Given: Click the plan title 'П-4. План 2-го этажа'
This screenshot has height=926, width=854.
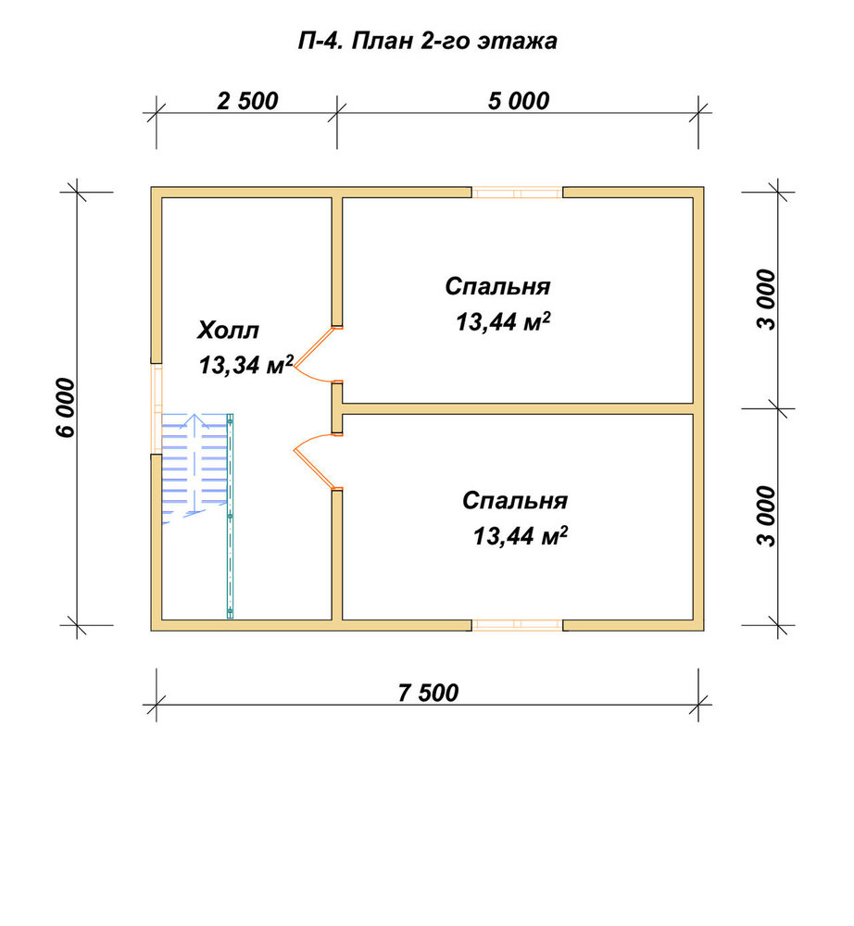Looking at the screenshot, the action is (427, 42).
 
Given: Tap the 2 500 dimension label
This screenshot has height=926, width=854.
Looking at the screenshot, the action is (247, 101).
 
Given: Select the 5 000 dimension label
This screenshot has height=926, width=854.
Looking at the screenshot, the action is (519, 101).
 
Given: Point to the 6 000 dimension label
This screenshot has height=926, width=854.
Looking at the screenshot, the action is (66, 407).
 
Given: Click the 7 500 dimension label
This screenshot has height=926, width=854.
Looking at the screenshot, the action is (428, 693).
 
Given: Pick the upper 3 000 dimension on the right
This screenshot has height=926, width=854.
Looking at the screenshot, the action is (767, 299).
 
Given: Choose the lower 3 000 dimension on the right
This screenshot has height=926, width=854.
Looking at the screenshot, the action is (767, 516).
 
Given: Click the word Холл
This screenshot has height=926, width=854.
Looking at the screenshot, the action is (228, 331).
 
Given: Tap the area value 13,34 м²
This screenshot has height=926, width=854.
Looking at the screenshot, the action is (245, 365).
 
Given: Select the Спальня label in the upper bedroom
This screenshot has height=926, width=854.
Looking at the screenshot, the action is (497, 286).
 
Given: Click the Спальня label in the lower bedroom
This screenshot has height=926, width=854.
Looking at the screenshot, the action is (514, 501).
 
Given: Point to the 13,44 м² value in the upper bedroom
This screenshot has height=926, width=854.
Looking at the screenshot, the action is (503, 322).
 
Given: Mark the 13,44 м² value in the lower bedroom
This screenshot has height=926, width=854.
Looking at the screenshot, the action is (521, 536).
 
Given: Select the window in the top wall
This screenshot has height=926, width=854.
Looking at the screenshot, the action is (518, 193).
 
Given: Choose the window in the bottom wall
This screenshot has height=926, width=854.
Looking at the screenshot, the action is (518, 625).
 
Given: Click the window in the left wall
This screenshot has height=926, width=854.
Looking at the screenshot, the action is (157, 408).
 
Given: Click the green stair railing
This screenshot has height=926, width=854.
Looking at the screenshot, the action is (230, 516).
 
